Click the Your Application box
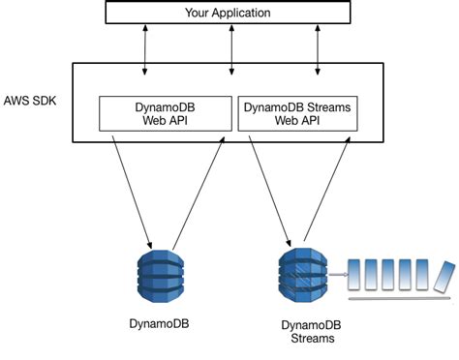[x=229, y=14]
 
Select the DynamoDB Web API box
[x=167, y=113]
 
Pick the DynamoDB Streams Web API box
[x=298, y=113]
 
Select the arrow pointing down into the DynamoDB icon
[x=132, y=189]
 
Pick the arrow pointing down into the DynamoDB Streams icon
[x=271, y=189]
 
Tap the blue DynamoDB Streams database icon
[x=298, y=274]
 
